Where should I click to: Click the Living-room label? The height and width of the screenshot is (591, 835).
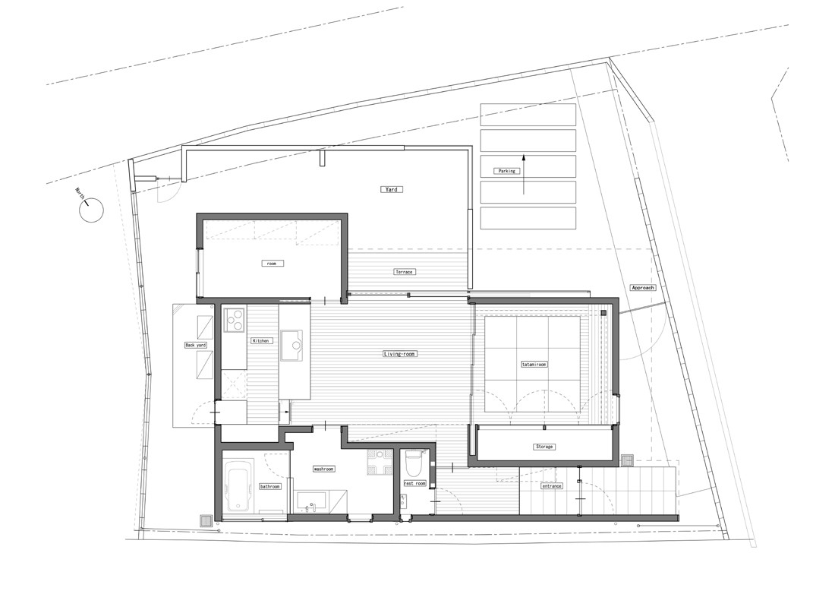coord(399,354)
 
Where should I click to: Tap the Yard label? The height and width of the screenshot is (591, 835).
coord(392,189)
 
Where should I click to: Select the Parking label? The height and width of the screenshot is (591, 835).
coord(506,171)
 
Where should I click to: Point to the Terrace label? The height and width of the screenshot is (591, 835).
coord(404,272)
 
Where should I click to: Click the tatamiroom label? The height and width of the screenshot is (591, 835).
coord(534,365)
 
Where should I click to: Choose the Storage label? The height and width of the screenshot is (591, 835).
coord(544,447)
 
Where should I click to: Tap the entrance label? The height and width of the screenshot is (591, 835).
coord(552,486)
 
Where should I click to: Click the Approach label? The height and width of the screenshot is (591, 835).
coord(643,288)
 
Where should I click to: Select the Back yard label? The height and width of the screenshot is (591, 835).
coord(195,346)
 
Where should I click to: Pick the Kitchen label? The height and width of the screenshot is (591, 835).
coord(261,340)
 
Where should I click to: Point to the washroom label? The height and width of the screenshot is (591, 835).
coord(324,469)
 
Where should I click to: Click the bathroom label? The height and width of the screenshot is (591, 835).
coord(269,486)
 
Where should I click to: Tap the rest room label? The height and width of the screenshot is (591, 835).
coord(414,483)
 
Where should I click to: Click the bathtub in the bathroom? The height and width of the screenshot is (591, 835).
coord(239,486)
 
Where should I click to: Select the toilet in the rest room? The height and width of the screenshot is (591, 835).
coord(414,463)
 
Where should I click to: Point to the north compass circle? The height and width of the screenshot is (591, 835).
coord(91,209)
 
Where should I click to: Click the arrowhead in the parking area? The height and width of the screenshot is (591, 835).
coord(524,158)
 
